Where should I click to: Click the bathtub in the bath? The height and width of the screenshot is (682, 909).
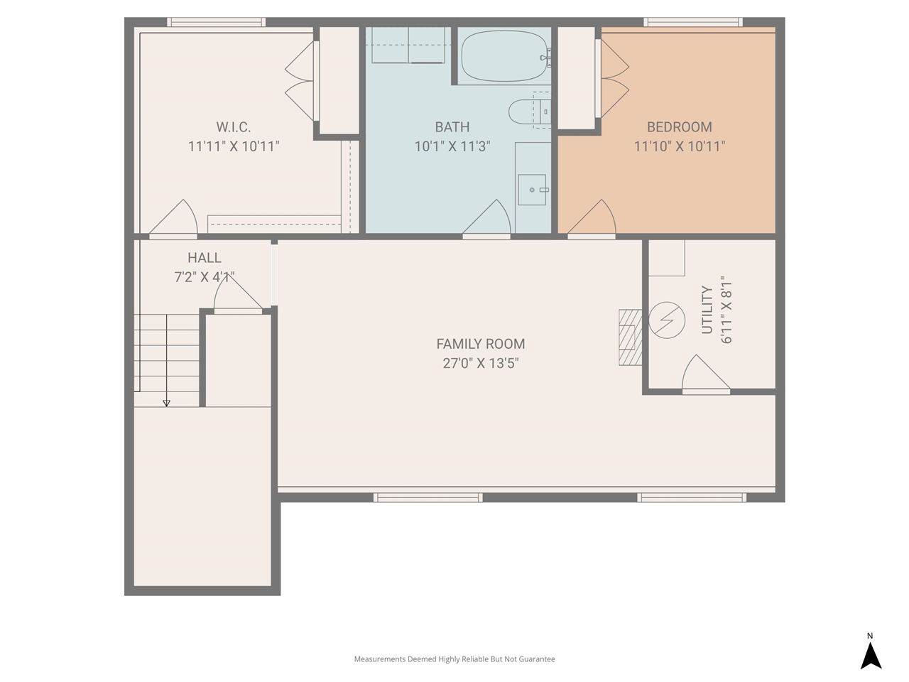pyautogui.click(x=504, y=56)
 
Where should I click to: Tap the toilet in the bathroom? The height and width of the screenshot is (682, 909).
pyautogui.click(x=530, y=112)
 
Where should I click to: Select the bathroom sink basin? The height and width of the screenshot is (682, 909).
pyautogui.click(x=532, y=190)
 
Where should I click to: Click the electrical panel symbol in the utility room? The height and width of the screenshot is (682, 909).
pyautogui.click(x=666, y=320)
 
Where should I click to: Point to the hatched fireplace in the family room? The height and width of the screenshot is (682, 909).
pyautogui.click(x=630, y=337)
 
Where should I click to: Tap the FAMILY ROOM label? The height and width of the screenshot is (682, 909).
pyautogui.click(x=480, y=344)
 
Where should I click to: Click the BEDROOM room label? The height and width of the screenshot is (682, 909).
pyautogui.click(x=679, y=127)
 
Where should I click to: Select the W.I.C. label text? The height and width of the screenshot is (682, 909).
pyautogui.click(x=233, y=127)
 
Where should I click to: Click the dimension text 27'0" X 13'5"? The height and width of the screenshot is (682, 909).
pyautogui.click(x=480, y=363)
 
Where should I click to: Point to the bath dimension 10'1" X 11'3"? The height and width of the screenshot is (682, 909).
pyautogui.click(x=452, y=146)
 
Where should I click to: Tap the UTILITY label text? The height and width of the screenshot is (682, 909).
pyautogui.click(x=707, y=310)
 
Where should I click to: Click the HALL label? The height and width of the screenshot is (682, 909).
pyautogui.click(x=204, y=258)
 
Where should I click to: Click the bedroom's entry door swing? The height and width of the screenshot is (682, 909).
pyautogui.click(x=592, y=218)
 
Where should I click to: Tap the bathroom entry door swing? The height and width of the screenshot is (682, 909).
pyautogui.click(x=486, y=218)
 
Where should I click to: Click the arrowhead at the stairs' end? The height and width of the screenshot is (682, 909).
pyautogui.click(x=166, y=403)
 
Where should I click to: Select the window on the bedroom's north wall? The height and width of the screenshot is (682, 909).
pyautogui.click(x=693, y=22)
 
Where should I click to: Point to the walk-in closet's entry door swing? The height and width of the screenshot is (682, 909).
pyautogui.click(x=173, y=218)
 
